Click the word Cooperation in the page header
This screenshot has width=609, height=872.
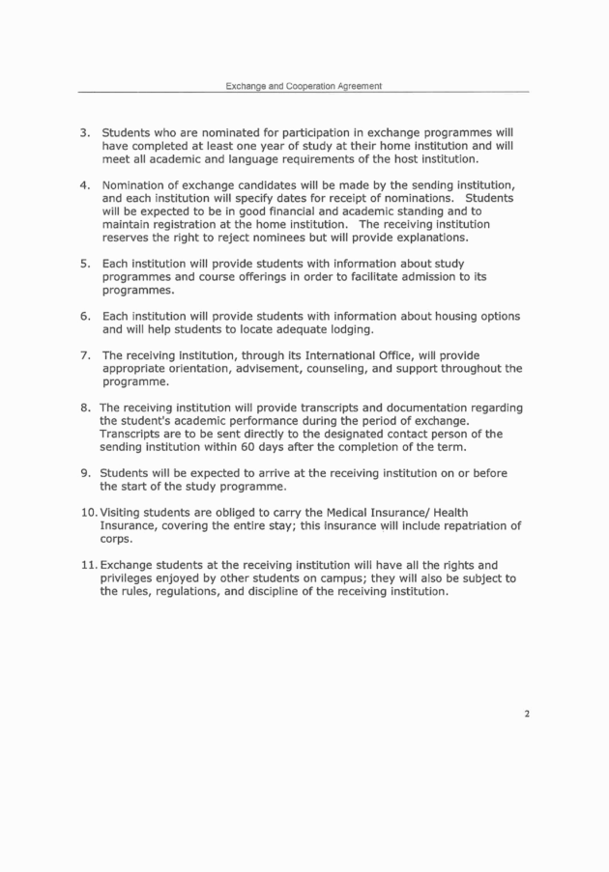pos(301,86)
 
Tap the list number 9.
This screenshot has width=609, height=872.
pos(84,473)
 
